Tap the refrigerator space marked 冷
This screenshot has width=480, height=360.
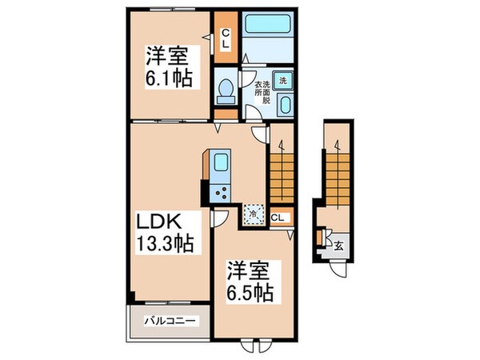pos(254,213)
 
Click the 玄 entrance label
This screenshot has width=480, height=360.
pos(339,246)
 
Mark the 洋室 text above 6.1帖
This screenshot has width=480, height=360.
pos(166,58)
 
